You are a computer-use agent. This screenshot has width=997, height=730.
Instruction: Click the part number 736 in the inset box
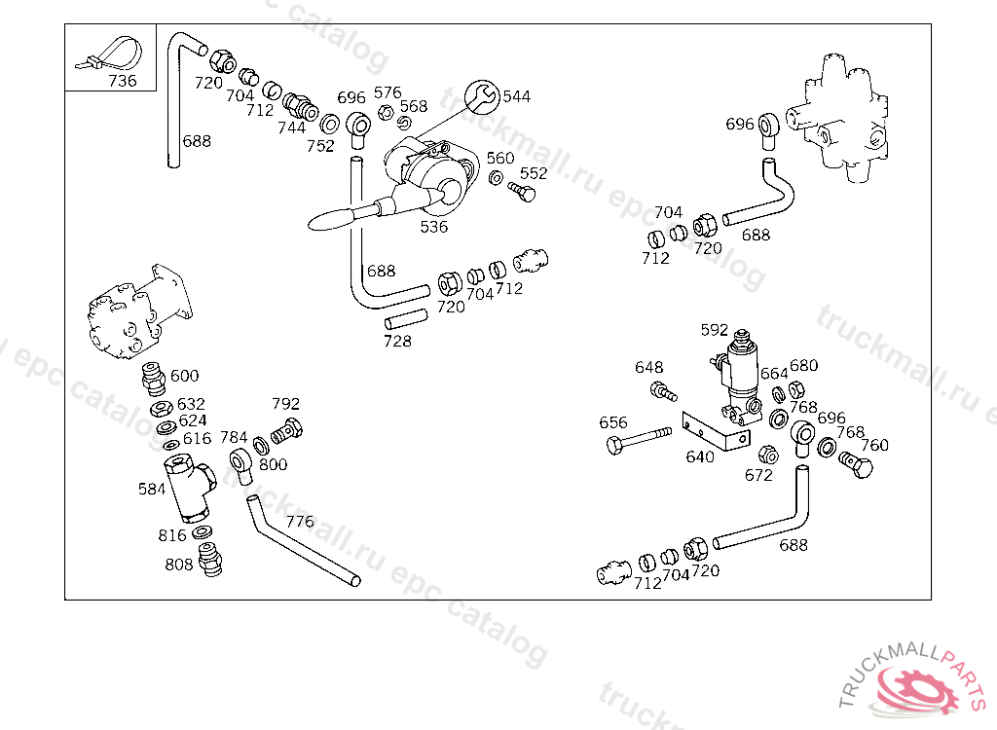[122, 81]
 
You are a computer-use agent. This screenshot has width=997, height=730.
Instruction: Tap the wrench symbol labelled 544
[483, 97]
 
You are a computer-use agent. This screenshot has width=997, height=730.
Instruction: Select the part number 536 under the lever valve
[433, 227]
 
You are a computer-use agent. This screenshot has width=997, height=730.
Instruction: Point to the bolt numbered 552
[522, 192]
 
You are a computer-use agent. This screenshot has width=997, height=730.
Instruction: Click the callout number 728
[397, 342]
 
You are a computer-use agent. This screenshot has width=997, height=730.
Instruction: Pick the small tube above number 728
[406, 318]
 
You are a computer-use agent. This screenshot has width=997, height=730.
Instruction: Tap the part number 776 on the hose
[300, 522]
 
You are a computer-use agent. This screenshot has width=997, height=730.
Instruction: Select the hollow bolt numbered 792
[287, 432]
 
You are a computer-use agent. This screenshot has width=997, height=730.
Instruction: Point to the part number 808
[179, 565]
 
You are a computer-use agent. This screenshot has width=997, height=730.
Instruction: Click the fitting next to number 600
[153, 379]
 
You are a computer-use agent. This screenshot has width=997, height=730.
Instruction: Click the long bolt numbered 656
[639, 439]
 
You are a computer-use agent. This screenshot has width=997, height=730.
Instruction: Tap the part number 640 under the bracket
[699, 457]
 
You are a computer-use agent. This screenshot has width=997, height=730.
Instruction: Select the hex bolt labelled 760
[856, 464]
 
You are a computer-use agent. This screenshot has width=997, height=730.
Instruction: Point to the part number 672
[758, 476]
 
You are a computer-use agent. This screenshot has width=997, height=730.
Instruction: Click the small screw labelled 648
[663, 391]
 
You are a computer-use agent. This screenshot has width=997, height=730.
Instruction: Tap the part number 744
[291, 128]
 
